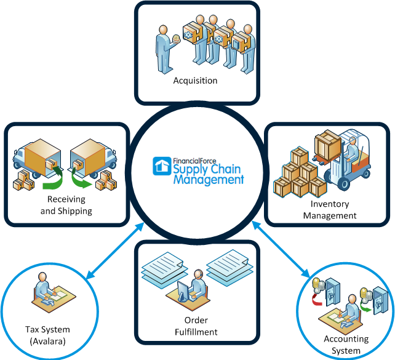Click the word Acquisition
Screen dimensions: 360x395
click(x=195, y=81)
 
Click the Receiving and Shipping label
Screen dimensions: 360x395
click(x=66, y=205)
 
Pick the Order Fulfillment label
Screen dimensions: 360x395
click(x=196, y=326)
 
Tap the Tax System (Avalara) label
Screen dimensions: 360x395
click(x=48, y=334)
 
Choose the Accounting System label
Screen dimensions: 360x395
click(x=346, y=345)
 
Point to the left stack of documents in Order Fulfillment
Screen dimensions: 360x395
click(x=161, y=270)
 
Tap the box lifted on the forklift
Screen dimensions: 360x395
click(x=327, y=145)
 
